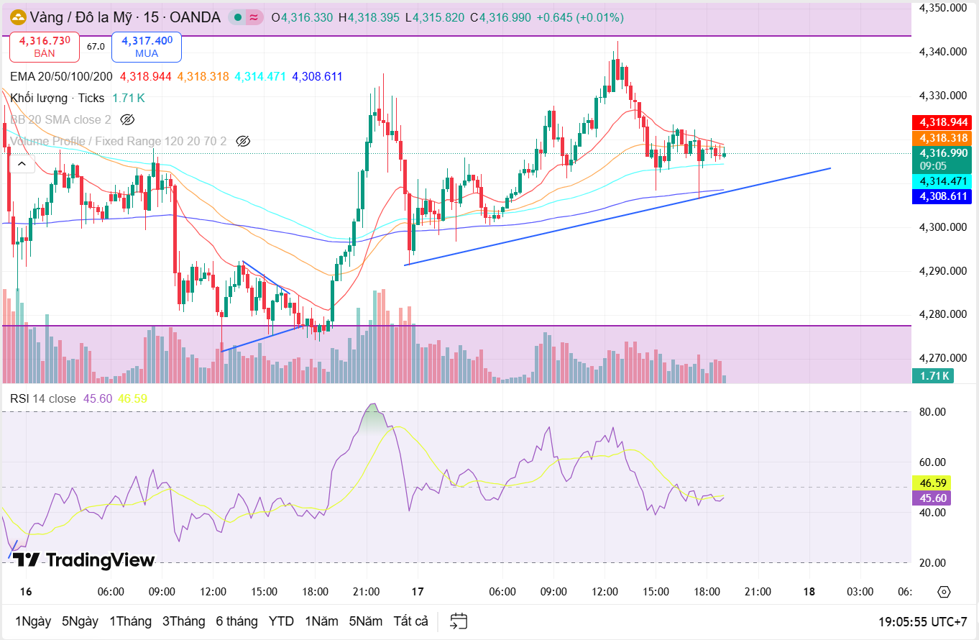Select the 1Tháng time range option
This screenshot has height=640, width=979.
[x=130, y=621]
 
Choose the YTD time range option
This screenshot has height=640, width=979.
[x=281, y=621]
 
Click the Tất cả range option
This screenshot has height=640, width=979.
[x=410, y=621]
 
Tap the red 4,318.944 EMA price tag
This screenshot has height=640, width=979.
[x=940, y=122]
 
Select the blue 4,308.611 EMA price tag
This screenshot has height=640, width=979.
[x=940, y=196]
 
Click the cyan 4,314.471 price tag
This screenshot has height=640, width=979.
[x=940, y=181]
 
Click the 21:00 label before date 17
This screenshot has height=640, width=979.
[x=367, y=592]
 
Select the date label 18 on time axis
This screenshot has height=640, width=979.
[x=809, y=592]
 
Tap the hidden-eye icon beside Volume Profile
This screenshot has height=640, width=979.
[x=243, y=141]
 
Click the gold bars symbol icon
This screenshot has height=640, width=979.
[x=17, y=17]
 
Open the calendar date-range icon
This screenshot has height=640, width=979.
[x=459, y=621]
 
